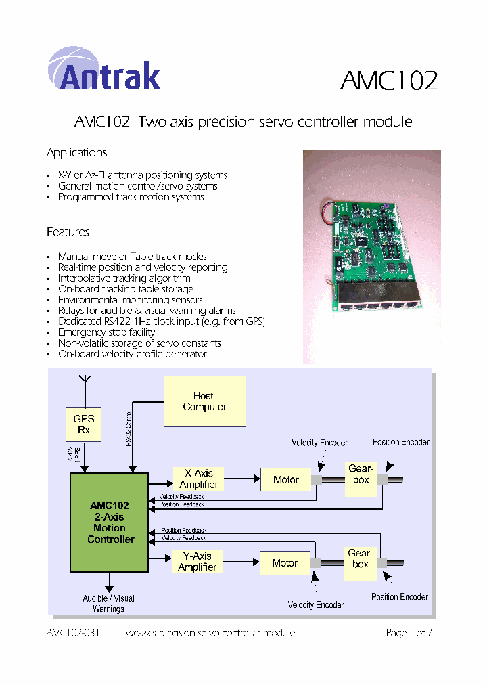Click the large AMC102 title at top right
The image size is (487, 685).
click(388, 81)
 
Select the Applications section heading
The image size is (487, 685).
click(76, 153)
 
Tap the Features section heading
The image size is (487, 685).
click(68, 232)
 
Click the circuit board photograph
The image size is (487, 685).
click(371, 256)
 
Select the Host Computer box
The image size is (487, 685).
click(204, 401)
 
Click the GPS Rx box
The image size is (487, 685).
click(84, 424)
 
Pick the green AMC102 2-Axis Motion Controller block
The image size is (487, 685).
click(110, 522)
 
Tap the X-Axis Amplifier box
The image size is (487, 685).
click(198, 479)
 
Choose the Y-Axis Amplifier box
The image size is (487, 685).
click(197, 562)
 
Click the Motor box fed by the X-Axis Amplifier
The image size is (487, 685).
click(285, 480)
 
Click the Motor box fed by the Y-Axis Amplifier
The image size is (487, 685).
click(285, 563)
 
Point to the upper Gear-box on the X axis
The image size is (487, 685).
click(361, 474)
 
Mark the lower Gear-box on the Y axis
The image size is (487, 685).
click(360, 559)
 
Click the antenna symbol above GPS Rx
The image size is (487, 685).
click(84, 382)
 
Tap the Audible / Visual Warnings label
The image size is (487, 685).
click(108, 604)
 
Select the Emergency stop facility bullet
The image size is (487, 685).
click(106, 332)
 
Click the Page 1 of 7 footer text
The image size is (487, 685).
click(408, 633)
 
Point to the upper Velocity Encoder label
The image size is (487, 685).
click(319, 443)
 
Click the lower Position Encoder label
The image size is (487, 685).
click(399, 597)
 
